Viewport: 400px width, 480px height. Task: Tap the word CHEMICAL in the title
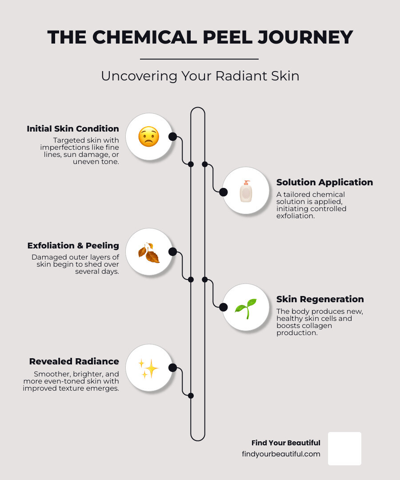(x=145, y=37)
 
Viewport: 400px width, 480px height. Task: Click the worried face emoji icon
(x=149, y=136)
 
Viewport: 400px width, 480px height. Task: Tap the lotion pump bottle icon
(x=246, y=191)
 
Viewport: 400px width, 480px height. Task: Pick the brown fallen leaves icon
(x=149, y=252)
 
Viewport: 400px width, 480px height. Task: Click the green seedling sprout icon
(x=246, y=308)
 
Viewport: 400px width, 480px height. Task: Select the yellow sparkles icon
(x=148, y=368)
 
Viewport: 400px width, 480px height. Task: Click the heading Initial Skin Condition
(x=73, y=128)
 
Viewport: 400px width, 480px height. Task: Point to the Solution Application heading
(x=325, y=182)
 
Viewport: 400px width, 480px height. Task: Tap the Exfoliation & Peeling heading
(x=73, y=245)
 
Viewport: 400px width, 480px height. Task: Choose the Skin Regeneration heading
(x=320, y=299)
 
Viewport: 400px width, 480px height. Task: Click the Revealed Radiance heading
(x=74, y=361)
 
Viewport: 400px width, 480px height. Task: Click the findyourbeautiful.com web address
(x=281, y=454)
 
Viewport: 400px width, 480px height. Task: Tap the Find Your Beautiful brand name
(x=286, y=443)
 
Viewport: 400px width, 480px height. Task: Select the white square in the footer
(x=344, y=448)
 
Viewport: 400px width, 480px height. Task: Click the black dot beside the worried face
(x=172, y=136)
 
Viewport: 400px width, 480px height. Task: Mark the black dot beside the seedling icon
(x=224, y=307)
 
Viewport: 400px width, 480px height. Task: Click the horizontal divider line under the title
(x=199, y=59)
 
